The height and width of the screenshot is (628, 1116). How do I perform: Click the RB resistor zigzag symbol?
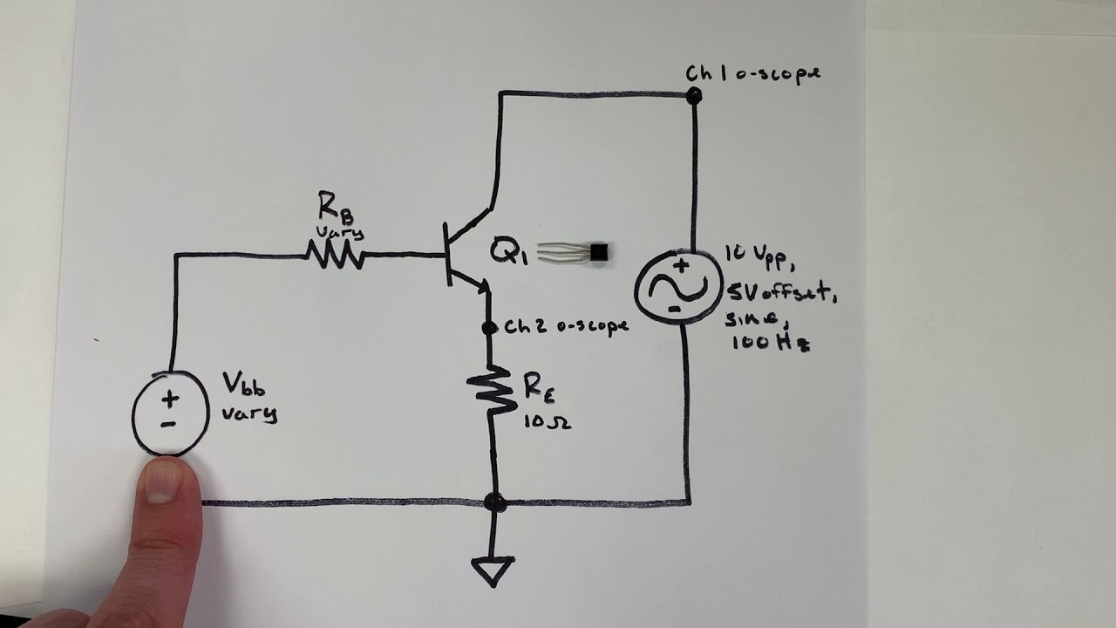335,255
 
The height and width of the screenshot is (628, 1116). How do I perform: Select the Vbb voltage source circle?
170,413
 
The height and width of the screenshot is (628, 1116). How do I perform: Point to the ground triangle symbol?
493,570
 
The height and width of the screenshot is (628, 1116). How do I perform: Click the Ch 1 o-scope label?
752,73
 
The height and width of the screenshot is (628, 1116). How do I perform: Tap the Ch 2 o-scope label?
566,327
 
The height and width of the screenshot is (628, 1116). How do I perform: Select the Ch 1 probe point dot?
693,96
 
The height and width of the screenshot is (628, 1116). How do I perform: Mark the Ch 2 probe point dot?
489,328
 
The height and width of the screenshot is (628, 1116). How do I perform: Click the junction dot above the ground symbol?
494,502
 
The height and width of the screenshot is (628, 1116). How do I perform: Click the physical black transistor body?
599,253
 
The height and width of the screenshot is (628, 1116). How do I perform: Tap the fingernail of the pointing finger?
163,481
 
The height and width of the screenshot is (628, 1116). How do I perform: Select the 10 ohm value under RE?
547,423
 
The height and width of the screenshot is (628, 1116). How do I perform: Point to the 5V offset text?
780,295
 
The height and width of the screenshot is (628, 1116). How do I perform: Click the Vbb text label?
243,383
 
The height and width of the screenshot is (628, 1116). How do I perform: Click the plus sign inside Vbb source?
170,399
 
